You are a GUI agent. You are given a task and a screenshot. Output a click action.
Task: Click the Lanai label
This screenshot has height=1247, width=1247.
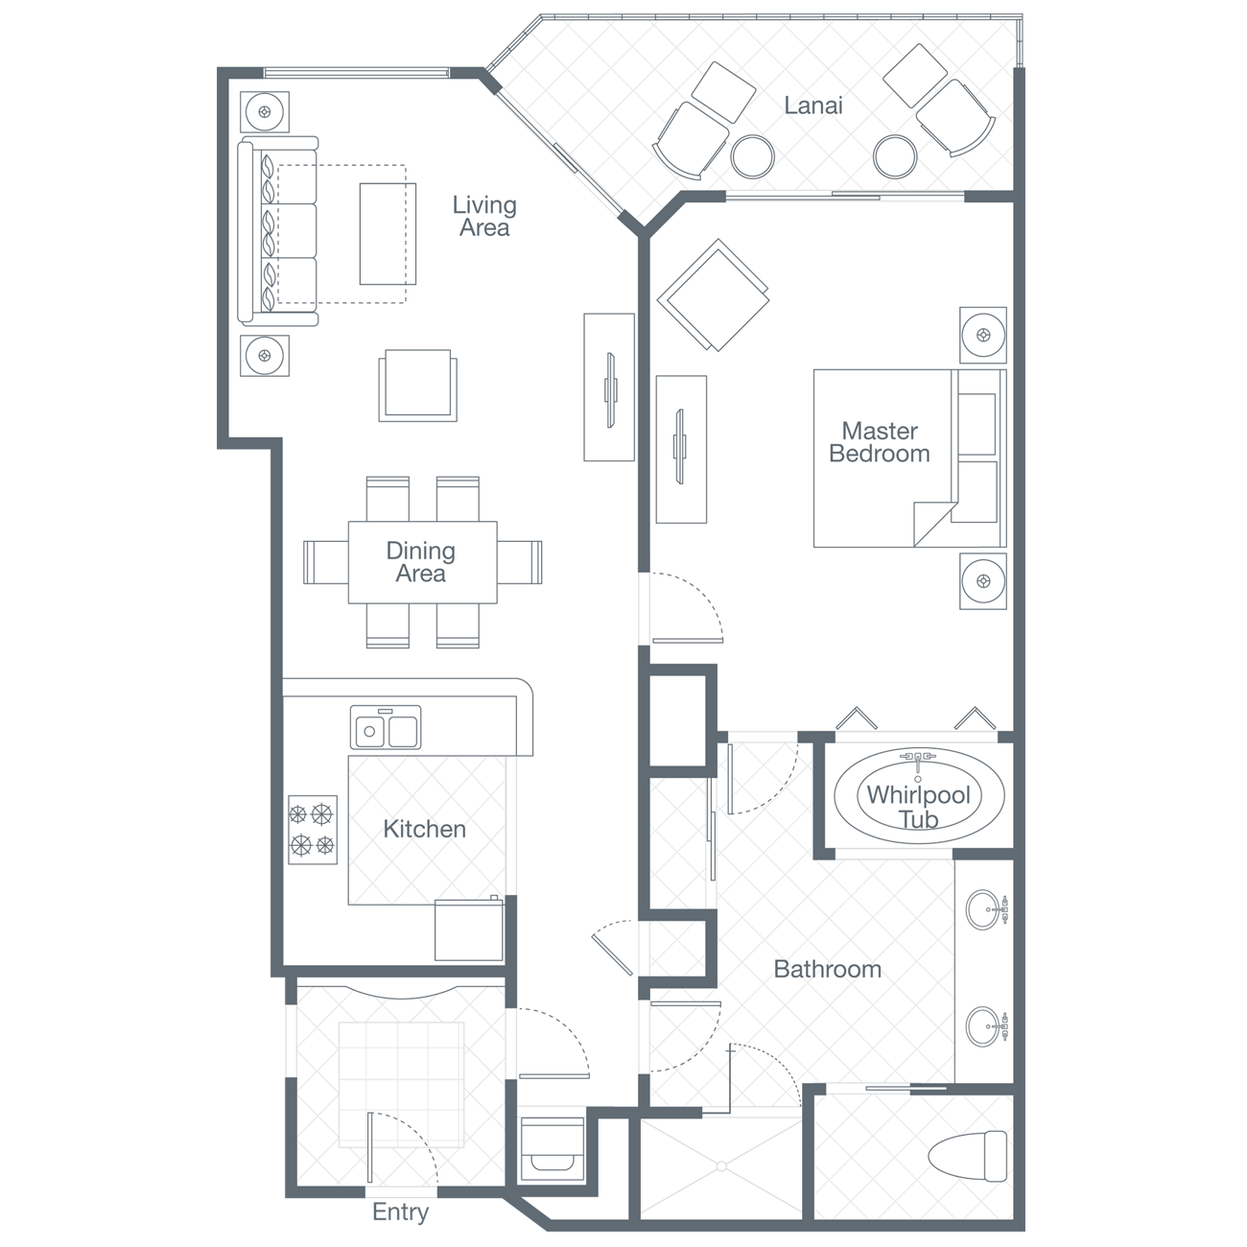(812, 106)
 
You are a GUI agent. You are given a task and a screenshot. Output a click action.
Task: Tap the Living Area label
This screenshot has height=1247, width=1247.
(484, 216)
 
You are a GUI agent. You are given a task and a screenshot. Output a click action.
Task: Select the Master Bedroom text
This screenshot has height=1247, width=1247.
(880, 442)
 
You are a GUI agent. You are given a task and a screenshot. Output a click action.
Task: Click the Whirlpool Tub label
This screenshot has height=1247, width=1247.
(918, 807)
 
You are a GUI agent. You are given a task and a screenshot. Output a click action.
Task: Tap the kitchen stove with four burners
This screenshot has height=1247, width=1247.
(313, 829)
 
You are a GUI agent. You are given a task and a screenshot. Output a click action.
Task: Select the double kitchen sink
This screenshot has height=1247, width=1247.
(386, 727)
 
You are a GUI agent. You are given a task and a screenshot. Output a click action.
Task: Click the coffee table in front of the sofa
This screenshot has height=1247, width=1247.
(388, 234)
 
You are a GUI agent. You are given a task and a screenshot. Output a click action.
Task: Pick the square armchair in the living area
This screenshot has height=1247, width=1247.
(418, 385)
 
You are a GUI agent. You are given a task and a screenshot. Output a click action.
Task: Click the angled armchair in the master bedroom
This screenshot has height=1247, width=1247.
(713, 295)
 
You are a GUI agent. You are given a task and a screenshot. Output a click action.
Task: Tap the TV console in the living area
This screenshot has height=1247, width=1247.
(609, 387)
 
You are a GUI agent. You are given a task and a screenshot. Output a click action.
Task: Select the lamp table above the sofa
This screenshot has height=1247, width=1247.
(265, 112)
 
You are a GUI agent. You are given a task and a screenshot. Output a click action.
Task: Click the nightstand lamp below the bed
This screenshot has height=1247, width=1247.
(983, 581)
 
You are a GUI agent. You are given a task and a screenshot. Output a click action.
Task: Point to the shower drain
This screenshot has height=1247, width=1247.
(721, 1166)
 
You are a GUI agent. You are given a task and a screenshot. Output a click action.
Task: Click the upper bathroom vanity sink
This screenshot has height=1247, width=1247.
(985, 909)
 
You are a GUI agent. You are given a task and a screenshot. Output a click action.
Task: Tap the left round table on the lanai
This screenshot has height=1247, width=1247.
(753, 156)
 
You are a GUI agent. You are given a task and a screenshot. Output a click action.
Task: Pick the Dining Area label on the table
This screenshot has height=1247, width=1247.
(421, 562)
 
